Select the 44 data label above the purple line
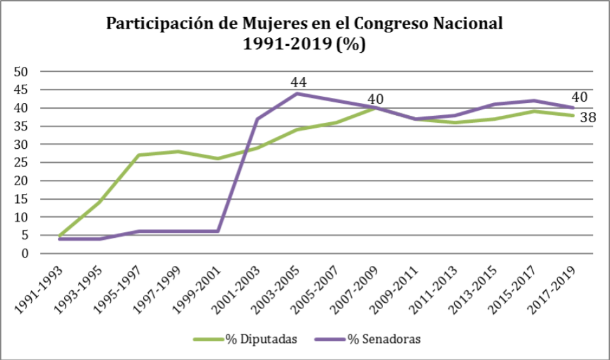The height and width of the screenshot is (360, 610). tap(299, 82)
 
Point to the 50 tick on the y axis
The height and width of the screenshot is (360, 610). tap(22, 72)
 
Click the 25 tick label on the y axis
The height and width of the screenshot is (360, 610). tap(22, 163)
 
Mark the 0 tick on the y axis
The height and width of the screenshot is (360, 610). tap(25, 254)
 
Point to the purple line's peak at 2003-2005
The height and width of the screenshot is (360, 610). tap(296, 93)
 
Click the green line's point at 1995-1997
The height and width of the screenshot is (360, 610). tap(139, 155)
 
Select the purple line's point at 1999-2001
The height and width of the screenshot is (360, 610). tap(218, 231)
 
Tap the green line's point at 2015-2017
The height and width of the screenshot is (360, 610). tap(534, 111)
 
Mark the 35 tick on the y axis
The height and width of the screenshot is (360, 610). tap(22, 127)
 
